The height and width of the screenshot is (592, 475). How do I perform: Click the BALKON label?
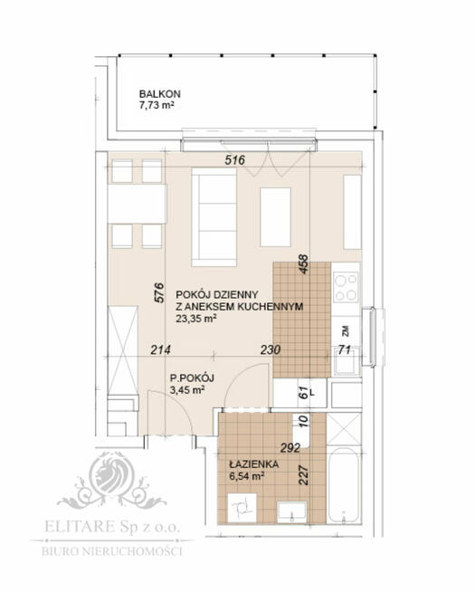[159, 93]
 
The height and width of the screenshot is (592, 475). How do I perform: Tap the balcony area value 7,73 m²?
[157, 105]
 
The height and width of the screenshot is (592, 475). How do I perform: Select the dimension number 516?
[235, 160]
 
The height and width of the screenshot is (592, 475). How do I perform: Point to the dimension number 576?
[159, 292]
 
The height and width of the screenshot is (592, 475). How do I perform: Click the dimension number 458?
[303, 264]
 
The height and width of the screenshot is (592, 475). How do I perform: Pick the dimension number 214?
[160, 350]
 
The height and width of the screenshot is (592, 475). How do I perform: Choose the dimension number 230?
[271, 350]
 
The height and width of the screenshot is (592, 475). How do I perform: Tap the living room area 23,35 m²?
[195, 319]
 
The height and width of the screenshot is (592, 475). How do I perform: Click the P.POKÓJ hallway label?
[192, 377]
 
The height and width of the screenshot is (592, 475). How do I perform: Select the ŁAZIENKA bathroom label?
[254, 464]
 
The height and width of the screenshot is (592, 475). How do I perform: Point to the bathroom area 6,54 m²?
[246, 476]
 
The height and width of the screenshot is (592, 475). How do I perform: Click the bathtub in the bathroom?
[343, 485]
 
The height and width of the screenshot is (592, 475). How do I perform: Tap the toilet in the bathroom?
[242, 508]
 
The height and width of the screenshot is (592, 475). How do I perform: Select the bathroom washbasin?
[291, 512]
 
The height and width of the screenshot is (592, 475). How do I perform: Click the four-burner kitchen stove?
[346, 287]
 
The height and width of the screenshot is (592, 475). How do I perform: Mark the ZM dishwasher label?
[346, 331]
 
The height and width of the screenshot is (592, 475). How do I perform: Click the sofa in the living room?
[214, 217]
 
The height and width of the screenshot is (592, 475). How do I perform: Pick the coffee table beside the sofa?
[275, 217]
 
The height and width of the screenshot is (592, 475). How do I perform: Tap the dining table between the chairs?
[137, 204]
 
